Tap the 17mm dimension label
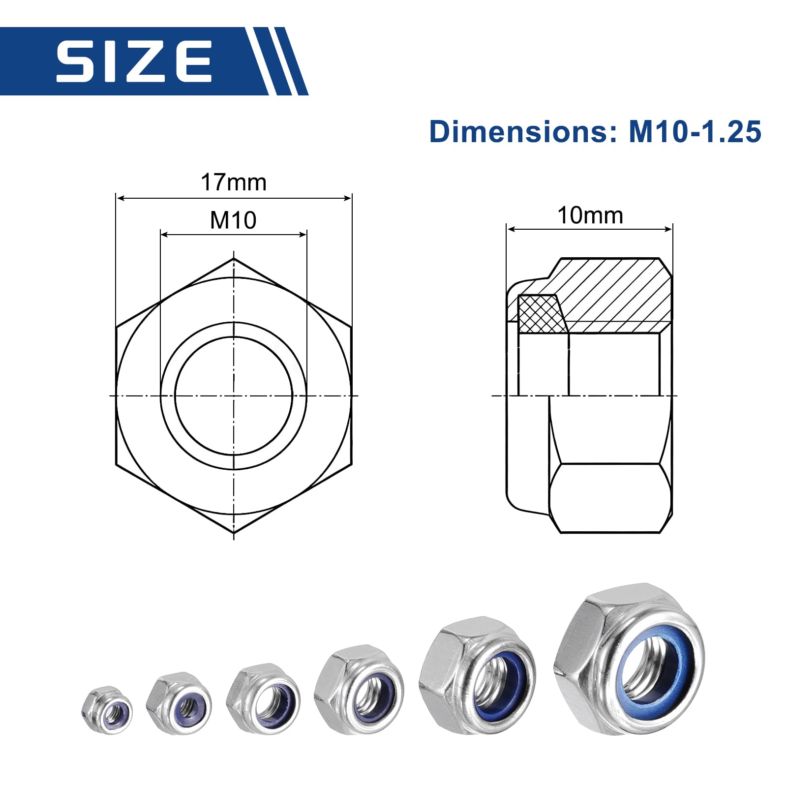pyautogui.click(x=234, y=182)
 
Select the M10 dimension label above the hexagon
pyautogui.click(x=233, y=220)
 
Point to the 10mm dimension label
pyautogui.click(x=590, y=215)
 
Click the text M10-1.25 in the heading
pyautogui.click(x=695, y=132)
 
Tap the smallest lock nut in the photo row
pyautogui.click(x=107, y=710)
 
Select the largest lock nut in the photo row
pyautogui.click(x=629, y=658)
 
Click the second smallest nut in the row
pyautogui.click(x=179, y=703)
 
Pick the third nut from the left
pyautogui.click(x=263, y=699)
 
